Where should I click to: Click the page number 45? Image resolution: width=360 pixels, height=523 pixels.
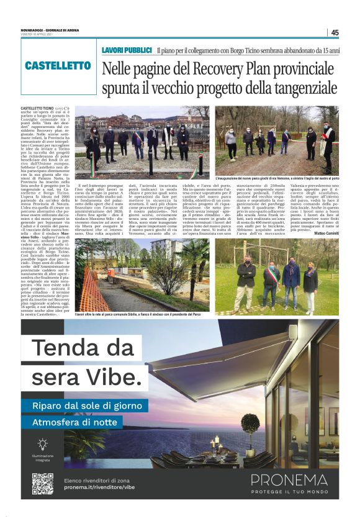pos(335,33)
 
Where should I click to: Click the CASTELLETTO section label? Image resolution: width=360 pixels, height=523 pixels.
pos(58,65)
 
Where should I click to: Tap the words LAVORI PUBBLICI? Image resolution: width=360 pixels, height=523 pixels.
pos(127,49)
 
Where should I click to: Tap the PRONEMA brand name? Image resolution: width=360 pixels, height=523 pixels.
pos(289,480)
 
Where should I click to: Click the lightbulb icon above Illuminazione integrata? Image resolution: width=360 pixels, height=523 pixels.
pos(42,444)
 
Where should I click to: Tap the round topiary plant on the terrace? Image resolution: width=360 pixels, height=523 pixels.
pos(251,423)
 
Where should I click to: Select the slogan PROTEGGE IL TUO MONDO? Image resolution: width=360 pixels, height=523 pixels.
pos(289,491)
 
